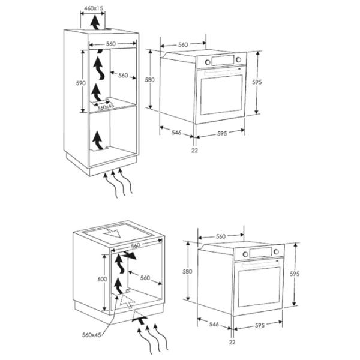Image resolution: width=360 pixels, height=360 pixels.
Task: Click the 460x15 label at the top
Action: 94,8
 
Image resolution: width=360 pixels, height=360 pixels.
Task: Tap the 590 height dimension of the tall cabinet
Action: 81,83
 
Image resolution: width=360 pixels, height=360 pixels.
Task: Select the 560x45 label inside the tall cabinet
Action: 106,107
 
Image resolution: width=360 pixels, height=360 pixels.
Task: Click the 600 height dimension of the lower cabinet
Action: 102,279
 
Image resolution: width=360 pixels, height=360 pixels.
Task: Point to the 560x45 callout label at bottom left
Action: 91,335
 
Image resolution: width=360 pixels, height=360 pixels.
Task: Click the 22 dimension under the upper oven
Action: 194,151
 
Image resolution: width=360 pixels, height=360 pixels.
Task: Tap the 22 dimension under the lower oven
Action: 232,342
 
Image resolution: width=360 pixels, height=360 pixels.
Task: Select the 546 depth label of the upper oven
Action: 176,133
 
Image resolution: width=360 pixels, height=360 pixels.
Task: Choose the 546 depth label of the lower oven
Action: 214,324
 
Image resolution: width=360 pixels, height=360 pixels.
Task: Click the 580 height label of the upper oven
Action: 149,80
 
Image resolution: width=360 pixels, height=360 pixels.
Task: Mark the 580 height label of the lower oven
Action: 187,271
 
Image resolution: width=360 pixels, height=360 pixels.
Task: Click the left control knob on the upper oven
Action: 208,62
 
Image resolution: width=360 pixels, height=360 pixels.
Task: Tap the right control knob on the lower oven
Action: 276,251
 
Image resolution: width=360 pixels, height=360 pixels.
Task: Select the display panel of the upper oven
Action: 223,61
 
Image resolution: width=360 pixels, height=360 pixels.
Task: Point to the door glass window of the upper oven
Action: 221,95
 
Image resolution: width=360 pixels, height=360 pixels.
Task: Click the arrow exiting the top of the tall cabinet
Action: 95,22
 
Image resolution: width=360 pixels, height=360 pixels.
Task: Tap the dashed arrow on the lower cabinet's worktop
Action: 112,233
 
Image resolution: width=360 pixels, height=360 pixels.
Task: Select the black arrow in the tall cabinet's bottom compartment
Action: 98,140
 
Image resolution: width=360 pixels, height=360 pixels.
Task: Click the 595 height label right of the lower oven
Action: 295,274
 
